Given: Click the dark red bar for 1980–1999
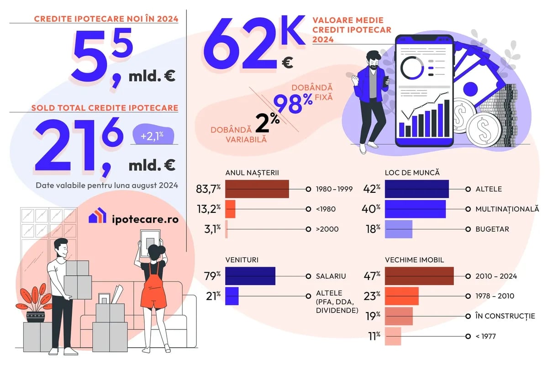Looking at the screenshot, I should click(x=257, y=189).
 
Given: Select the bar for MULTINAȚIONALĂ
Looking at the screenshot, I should click(x=415, y=209).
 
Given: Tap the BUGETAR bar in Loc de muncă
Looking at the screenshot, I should click(x=399, y=229).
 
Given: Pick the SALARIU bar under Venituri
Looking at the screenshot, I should click(x=250, y=276).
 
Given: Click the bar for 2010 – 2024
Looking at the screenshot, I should click(x=419, y=276).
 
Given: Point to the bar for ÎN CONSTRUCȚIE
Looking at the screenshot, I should click(x=399, y=316).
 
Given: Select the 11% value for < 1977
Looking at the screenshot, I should click(x=374, y=336).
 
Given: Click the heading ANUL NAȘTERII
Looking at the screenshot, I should click(x=252, y=173).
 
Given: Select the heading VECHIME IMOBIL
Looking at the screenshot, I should click(x=414, y=260).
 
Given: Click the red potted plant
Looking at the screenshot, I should click(x=37, y=302).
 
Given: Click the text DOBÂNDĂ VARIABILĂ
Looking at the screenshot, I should click(x=232, y=134).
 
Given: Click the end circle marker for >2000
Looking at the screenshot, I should click(x=308, y=229).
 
